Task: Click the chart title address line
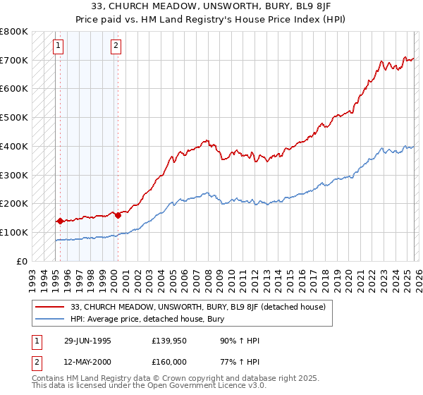211,8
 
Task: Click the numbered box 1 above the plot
58,47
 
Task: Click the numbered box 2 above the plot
116,47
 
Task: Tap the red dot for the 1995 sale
61,221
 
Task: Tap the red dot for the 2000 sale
118,215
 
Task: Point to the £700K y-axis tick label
14,61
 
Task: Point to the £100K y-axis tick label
14,232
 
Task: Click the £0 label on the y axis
21,261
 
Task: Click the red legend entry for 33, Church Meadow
197,307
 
